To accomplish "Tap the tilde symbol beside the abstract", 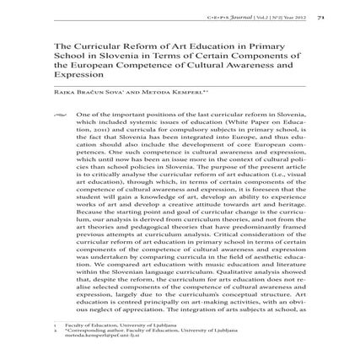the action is [58, 112].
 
